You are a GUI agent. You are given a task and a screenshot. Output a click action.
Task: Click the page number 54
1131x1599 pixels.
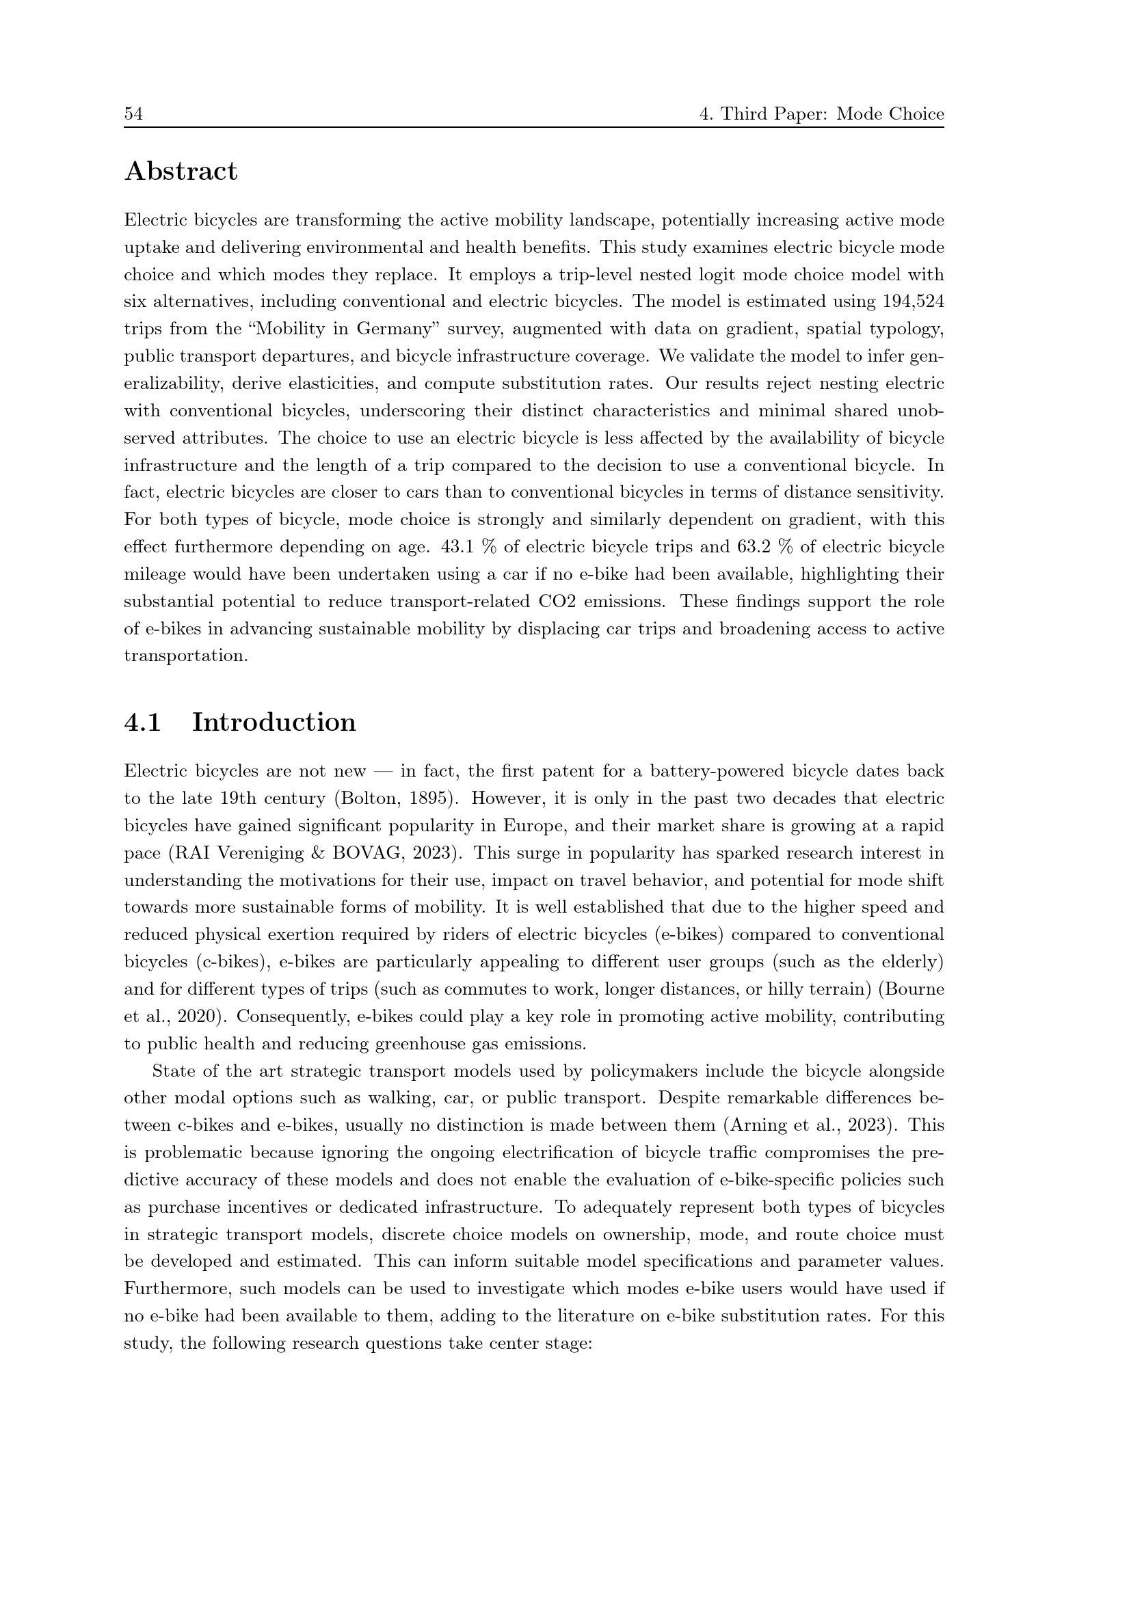[x=134, y=114]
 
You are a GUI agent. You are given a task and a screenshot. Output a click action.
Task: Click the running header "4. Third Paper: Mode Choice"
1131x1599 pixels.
[x=821, y=114]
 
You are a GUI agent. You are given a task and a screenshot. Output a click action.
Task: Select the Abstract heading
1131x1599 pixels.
[x=181, y=172]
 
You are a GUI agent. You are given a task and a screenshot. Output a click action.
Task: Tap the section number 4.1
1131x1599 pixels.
[x=143, y=722]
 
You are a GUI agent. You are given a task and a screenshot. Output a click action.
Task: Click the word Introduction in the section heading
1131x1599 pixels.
[x=274, y=722]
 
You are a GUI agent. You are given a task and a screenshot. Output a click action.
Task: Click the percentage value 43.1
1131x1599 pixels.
[x=457, y=547]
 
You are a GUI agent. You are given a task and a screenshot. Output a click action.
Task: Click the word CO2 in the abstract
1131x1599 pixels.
[x=558, y=601]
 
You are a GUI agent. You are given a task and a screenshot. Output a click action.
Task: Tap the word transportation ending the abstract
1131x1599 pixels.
[x=185, y=656]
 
